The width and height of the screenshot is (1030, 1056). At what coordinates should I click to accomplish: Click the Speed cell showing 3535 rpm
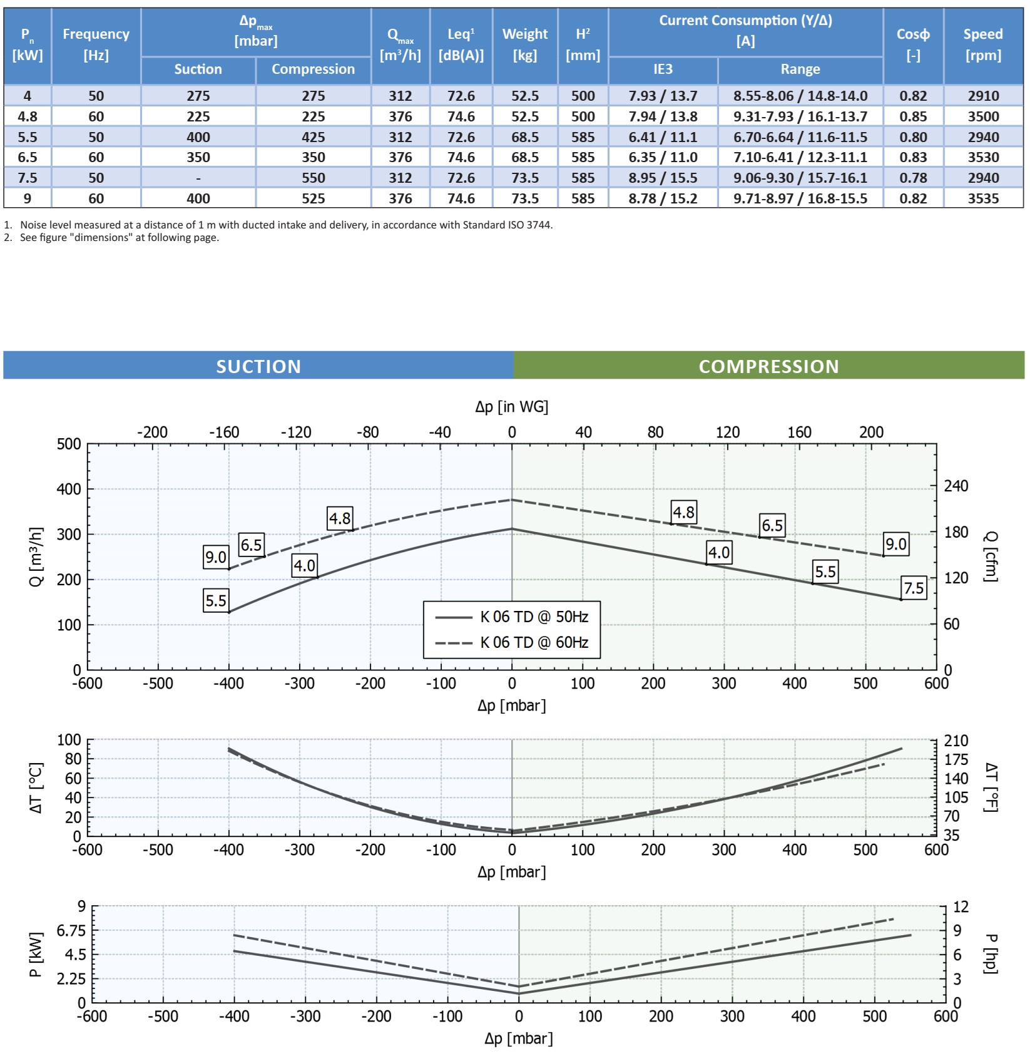pyautogui.click(x=983, y=198)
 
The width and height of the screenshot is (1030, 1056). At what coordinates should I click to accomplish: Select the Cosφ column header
pyautogui.click(x=913, y=44)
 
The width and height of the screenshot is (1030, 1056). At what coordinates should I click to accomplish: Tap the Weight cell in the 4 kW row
pyautogui.click(x=524, y=96)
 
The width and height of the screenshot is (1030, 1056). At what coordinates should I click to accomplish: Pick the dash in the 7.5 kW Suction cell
pyautogui.click(x=198, y=178)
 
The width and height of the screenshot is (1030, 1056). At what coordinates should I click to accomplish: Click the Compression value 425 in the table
pyautogui.click(x=313, y=137)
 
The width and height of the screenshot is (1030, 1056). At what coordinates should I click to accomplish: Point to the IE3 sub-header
pyautogui.click(x=663, y=69)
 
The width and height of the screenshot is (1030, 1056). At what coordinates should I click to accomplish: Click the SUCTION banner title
pyautogui.click(x=258, y=366)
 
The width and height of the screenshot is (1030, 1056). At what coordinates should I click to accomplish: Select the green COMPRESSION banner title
pyautogui.click(x=768, y=366)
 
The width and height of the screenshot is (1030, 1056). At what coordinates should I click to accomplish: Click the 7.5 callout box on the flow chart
pyautogui.click(x=914, y=588)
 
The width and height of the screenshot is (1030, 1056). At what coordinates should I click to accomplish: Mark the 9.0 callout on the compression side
pyautogui.click(x=895, y=544)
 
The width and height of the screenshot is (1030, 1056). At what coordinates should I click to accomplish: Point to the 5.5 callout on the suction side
pyautogui.click(x=216, y=600)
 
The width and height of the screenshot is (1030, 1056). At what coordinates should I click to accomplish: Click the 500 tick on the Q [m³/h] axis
pyautogui.click(x=69, y=444)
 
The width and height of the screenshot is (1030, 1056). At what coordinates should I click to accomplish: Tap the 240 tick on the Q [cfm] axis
pyautogui.click(x=956, y=486)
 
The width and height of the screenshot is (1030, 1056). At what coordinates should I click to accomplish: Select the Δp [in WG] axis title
pyautogui.click(x=511, y=407)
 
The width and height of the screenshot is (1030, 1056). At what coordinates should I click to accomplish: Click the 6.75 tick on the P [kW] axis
pyautogui.click(x=71, y=931)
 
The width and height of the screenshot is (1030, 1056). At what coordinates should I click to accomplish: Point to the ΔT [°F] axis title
pyautogui.click(x=991, y=787)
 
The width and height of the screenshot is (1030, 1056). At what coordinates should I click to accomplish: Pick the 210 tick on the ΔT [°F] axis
pyautogui.click(x=956, y=741)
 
